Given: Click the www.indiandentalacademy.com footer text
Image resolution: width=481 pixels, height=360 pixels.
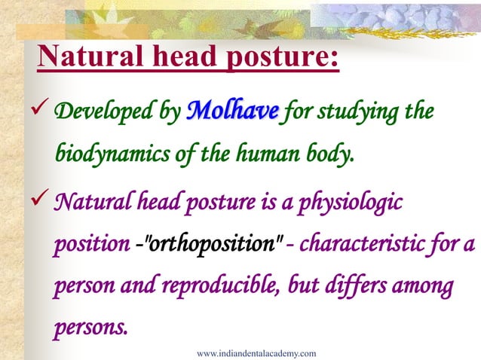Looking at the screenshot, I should click(x=256, y=352).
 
